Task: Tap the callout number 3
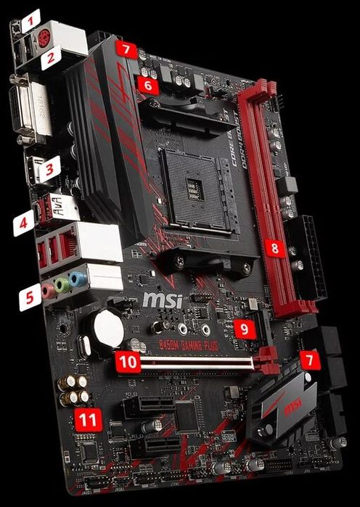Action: coord(49,171)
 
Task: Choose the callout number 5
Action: coord(30,297)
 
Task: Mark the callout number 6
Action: coord(148,86)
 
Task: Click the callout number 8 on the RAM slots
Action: coord(274,249)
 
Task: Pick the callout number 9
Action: coord(245,329)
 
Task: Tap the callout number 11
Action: coord(89,419)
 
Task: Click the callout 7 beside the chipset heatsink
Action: coord(308,359)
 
